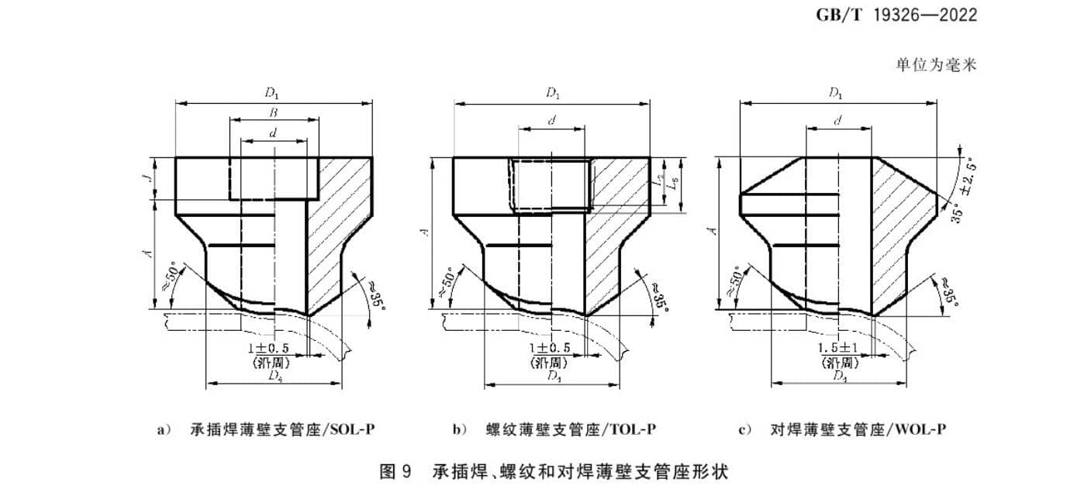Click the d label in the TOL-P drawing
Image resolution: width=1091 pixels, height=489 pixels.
[x=552, y=122]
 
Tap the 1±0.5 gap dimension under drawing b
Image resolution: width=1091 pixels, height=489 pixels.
[x=550, y=348]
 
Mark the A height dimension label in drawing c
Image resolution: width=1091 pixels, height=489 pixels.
[x=713, y=230]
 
